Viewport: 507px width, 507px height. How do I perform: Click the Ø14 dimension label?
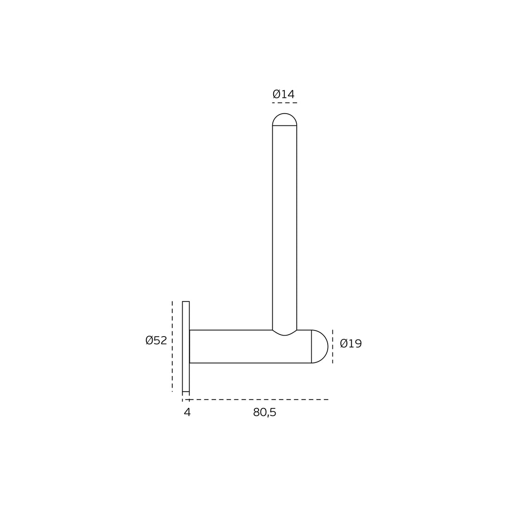tap(284, 94)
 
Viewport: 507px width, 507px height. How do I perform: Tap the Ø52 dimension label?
tap(156, 340)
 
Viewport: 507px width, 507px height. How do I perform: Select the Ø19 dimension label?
tap(351, 343)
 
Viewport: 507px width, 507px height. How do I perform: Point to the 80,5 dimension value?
tap(265, 412)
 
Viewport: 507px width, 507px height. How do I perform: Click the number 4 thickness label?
tap(187, 412)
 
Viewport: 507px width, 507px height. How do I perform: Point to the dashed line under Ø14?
tap(284, 103)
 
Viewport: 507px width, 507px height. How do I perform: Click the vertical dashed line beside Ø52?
tap(172, 346)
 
